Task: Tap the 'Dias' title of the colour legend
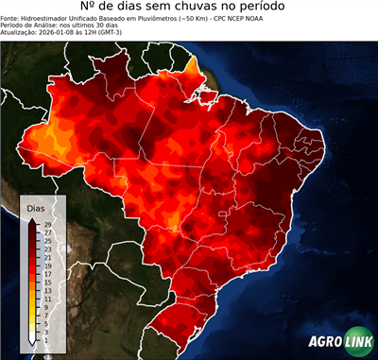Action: tap(36, 207)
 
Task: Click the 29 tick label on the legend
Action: tap(47, 224)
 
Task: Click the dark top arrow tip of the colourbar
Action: tap(33, 220)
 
